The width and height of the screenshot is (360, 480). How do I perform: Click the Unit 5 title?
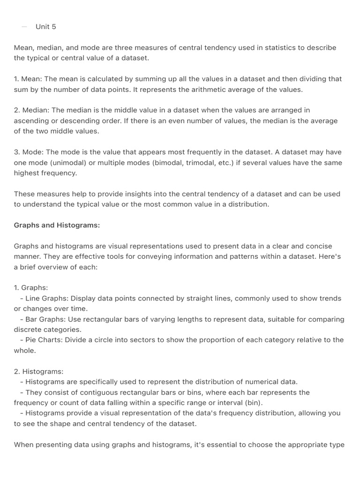pyautogui.click(x=45, y=27)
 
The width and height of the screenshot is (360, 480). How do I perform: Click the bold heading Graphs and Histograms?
pyautogui.click(x=57, y=225)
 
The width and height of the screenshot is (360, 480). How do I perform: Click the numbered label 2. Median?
pyautogui.click(x=31, y=110)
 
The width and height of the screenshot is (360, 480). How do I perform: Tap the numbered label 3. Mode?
pyautogui.click(x=29, y=152)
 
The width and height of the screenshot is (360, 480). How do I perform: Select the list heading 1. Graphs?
pyautogui.click(x=31, y=287)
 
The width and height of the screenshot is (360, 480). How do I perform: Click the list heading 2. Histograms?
pyautogui.click(x=38, y=371)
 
